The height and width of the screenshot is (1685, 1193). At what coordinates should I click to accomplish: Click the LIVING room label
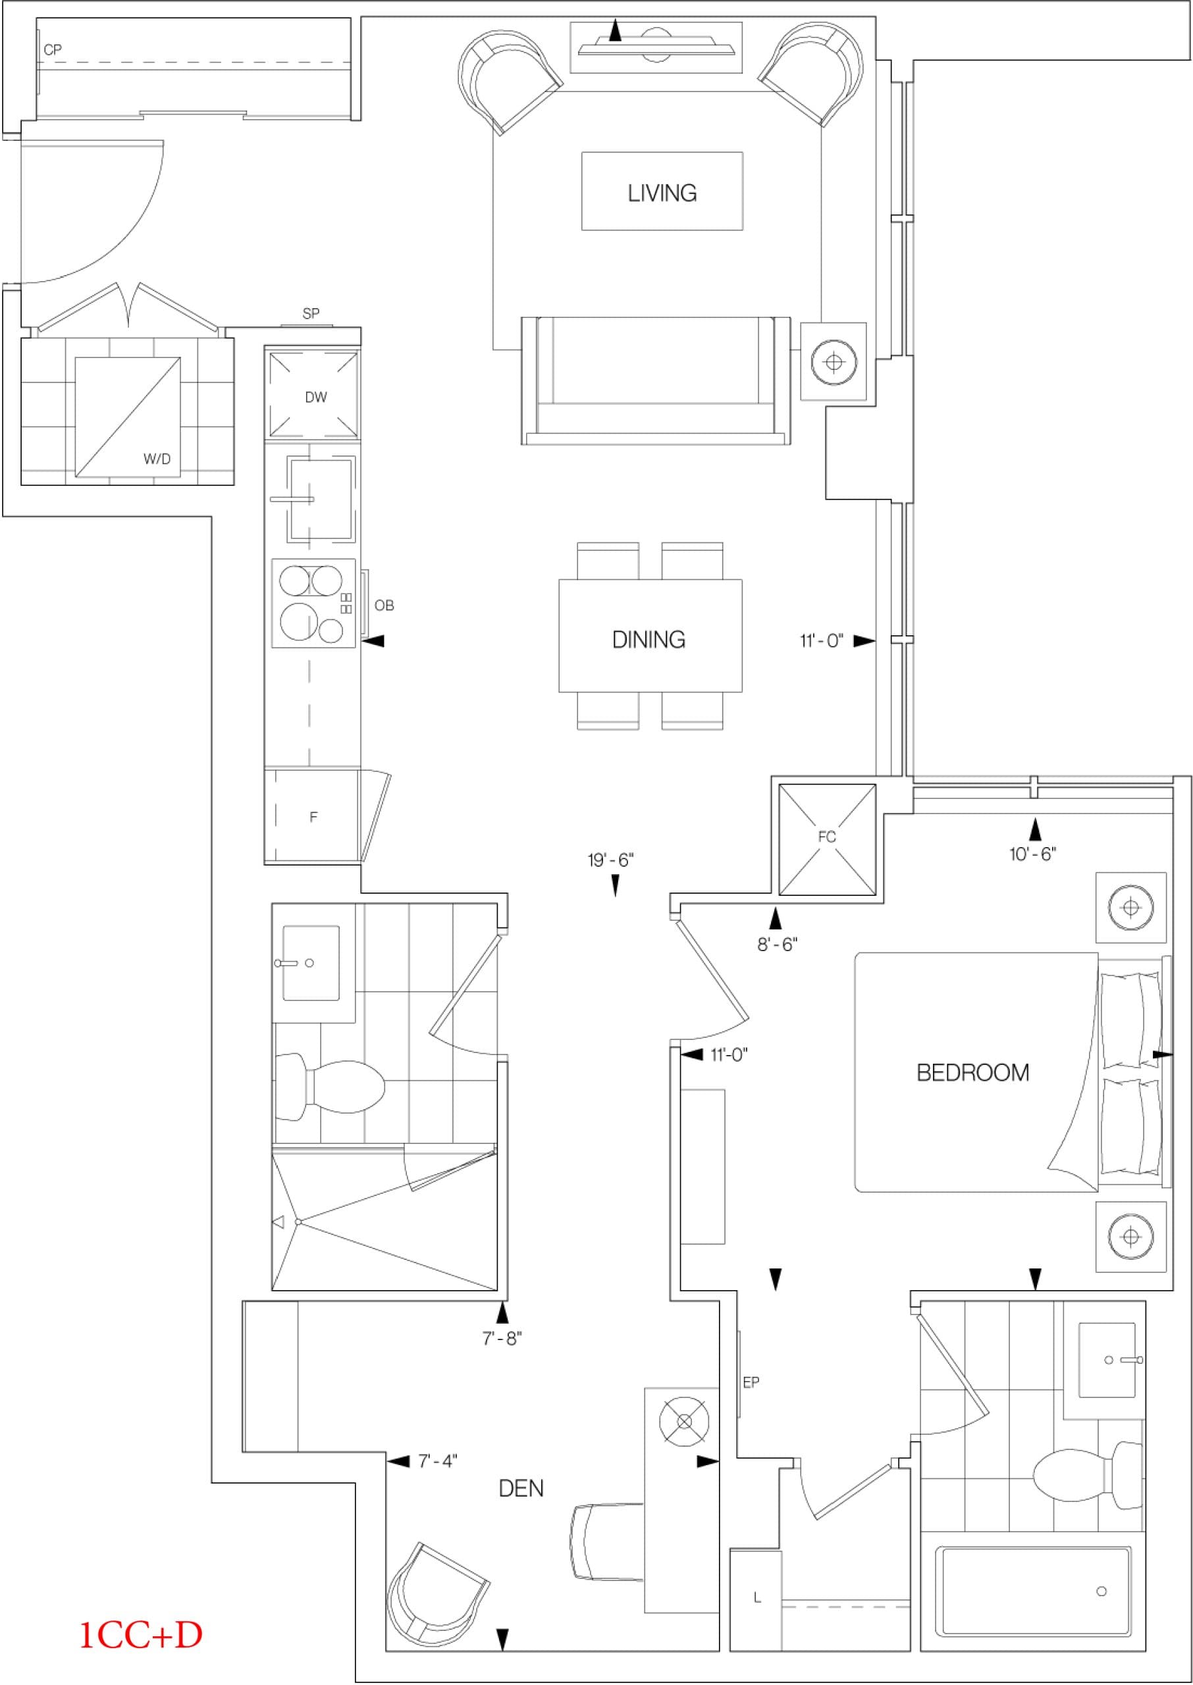pos(662,192)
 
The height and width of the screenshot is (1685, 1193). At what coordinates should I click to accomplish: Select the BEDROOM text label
pos(972,1073)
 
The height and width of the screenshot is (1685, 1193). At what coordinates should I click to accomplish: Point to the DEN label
pos(521,1488)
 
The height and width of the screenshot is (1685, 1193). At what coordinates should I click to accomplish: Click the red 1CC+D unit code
pos(140,1635)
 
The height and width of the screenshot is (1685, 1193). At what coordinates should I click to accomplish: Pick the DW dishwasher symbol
pos(315,396)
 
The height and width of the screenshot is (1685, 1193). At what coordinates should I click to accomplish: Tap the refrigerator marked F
pos(312,816)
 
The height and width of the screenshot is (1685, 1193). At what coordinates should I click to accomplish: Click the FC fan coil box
pos(826,839)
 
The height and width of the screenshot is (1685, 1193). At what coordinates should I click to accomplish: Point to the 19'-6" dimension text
pos(610,860)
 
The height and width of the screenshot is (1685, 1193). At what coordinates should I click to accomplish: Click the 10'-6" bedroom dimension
pos(1032,854)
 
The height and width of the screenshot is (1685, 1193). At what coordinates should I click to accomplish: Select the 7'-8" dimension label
pos(502,1338)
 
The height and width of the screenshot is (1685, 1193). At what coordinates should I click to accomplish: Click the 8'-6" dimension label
pos(777,944)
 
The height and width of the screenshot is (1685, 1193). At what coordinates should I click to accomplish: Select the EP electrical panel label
pos(751,1382)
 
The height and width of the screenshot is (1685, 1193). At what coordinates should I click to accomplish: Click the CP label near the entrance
pos(52,50)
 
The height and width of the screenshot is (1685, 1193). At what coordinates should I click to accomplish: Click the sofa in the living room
pos(655,380)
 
